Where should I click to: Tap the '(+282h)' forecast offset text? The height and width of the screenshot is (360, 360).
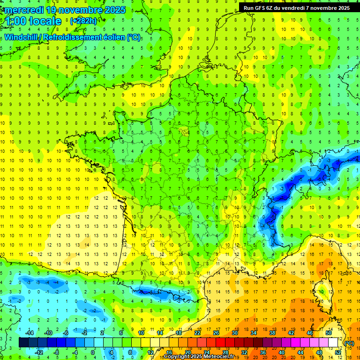point(83,21)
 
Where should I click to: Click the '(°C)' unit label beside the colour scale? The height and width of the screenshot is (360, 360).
point(349,343)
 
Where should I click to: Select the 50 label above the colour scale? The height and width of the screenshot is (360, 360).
point(328,333)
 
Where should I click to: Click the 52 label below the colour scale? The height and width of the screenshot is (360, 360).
point(337,352)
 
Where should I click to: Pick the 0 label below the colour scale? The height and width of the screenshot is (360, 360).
point(93,352)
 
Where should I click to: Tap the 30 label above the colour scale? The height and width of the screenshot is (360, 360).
point(234,333)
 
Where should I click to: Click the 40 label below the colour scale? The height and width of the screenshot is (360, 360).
point(281,352)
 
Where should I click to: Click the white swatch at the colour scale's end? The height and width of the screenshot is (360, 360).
point(333,343)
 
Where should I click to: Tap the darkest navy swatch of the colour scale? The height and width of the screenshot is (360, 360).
point(23,343)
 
